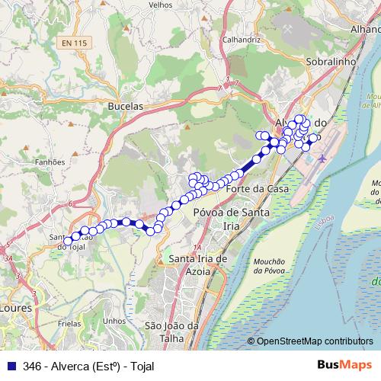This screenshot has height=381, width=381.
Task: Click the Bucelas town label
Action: tap(126, 107)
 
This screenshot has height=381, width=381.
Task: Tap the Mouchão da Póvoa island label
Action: tap(270, 264)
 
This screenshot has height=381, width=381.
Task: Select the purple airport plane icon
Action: tap(322, 159)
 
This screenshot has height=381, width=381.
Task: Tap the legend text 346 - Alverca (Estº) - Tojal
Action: tap(88, 366)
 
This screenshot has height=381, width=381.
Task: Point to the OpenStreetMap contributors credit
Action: tap(314, 341)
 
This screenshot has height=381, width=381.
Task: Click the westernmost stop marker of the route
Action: tap(68, 241)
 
